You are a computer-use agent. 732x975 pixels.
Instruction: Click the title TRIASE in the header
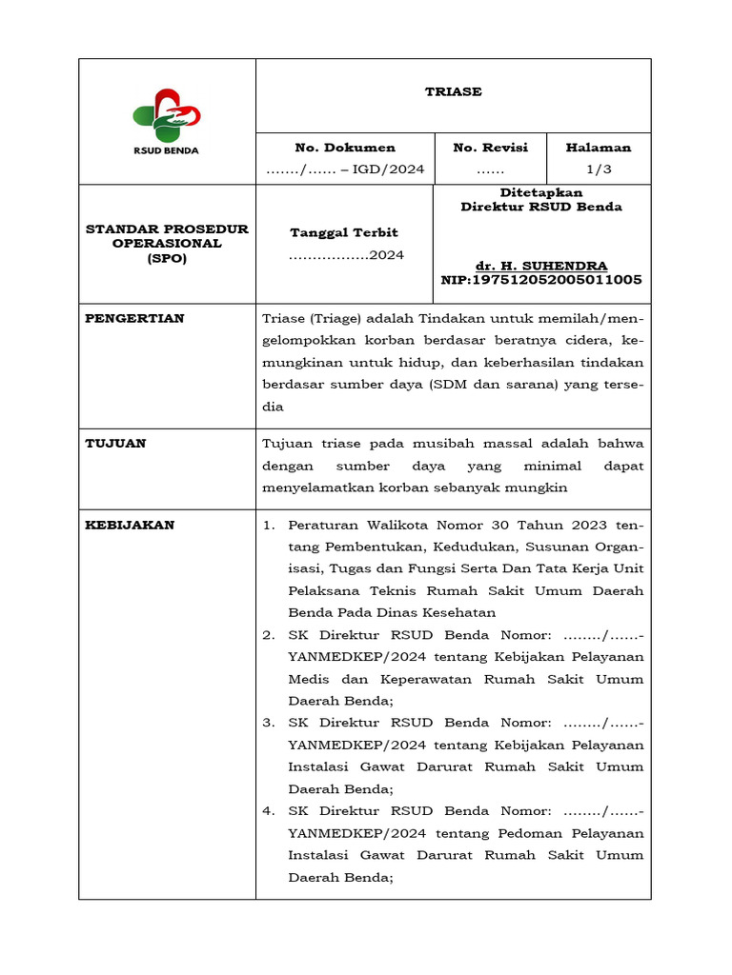tap(453, 92)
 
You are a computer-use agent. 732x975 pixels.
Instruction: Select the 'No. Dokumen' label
tap(345, 148)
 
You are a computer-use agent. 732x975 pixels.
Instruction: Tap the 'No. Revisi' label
tap(490, 148)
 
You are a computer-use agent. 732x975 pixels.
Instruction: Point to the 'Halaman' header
tap(599, 148)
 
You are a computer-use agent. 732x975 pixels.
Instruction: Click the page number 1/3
tap(599, 169)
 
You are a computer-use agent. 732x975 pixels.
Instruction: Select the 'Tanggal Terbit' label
tap(344, 232)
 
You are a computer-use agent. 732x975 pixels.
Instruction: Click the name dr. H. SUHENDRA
tap(541, 266)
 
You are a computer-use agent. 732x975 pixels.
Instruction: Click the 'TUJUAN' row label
tap(116, 443)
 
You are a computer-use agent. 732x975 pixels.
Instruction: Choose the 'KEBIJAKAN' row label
tap(131, 525)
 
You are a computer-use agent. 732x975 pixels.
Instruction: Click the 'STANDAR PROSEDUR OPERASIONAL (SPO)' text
tap(167, 244)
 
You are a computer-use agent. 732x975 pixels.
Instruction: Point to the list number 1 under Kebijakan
tap(268, 526)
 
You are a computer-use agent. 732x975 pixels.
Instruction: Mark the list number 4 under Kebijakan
tap(268, 811)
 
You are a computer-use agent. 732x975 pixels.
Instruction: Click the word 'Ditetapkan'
tap(541, 192)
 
